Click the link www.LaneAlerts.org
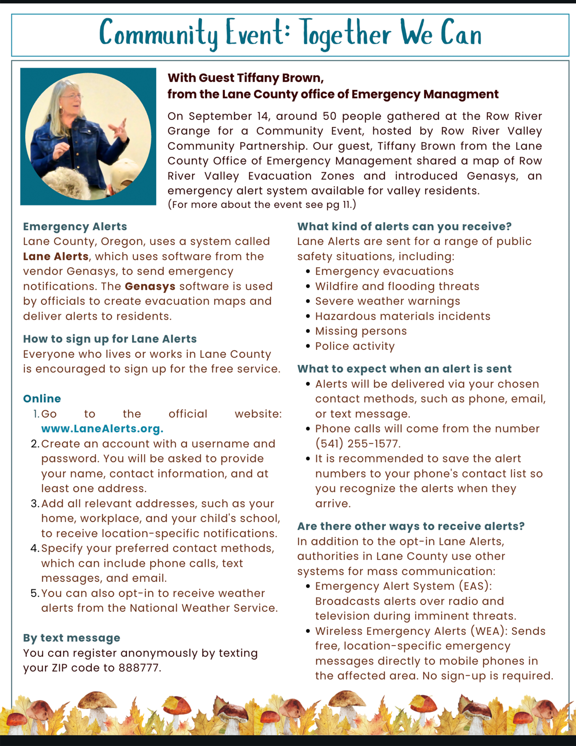coord(102,429)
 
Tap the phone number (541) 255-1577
coord(358,444)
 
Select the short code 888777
coord(140,668)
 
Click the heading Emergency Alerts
coord(75,226)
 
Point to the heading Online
coord(42,399)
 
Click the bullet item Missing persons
coord(361,331)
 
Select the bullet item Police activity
coord(355,346)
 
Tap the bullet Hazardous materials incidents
coord(402,316)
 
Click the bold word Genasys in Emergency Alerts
coord(150,286)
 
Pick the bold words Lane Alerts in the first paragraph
coord(56,256)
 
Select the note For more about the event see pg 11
coord(262,205)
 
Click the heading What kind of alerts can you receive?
coord(404,226)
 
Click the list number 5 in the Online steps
coord(34,593)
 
